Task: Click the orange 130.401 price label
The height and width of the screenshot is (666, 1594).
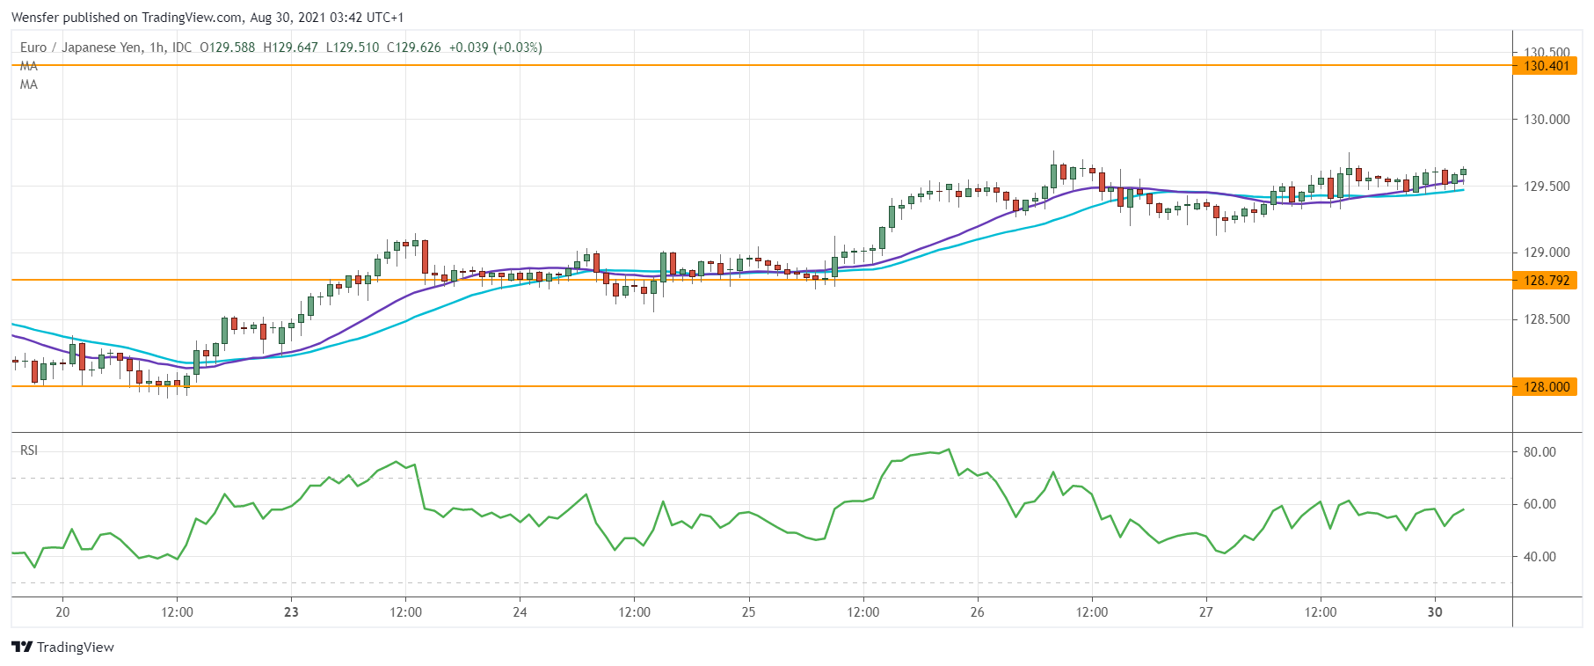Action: coord(1546,66)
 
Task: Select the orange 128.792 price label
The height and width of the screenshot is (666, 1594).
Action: coord(1546,281)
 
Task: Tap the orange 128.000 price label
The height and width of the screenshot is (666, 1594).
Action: coord(1546,387)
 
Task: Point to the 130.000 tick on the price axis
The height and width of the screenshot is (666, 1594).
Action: coord(1546,120)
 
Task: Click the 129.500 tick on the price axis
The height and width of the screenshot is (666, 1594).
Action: coord(1546,187)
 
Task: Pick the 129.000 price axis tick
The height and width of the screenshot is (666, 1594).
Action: coord(1546,252)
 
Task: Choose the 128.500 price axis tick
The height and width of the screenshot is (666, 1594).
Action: coord(1546,319)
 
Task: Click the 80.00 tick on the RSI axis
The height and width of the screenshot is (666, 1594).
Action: coord(1539,452)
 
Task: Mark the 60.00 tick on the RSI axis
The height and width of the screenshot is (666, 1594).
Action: coord(1539,504)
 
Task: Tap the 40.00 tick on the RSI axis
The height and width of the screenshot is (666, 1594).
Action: coord(1539,557)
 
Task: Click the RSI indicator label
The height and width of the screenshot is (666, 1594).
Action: coord(29,450)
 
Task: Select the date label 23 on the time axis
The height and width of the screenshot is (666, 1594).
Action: coord(291,612)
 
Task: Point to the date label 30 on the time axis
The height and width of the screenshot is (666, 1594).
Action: coord(1435,612)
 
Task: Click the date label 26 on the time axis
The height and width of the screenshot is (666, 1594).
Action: coord(977,612)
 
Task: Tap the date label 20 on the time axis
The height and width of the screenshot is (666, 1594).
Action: coord(62,612)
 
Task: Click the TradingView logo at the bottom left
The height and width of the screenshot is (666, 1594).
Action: coord(62,648)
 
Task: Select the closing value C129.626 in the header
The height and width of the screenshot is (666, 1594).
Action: coord(413,48)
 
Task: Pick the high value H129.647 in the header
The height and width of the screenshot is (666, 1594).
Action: coord(290,48)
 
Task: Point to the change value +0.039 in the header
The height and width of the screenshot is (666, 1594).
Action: coord(468,48)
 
